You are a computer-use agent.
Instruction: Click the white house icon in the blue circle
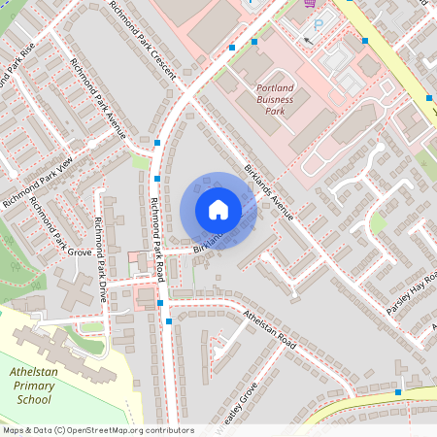[218, 209]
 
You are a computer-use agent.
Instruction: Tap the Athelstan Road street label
[270, 328]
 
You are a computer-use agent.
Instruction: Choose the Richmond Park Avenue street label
[97, 98]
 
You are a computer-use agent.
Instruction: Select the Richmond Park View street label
[38, 182]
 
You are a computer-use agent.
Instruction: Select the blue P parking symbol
[317, 23]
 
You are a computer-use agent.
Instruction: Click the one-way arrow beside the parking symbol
[308, 41]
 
